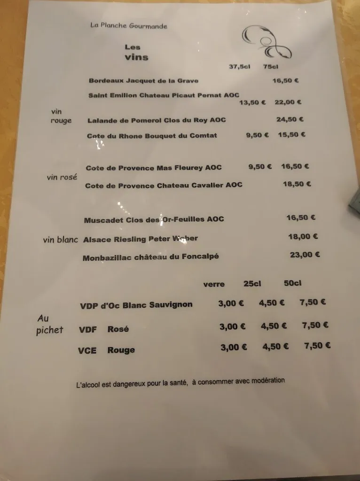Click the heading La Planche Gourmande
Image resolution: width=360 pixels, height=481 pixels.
[x=128, y=26]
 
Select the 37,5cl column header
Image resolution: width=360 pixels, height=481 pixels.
[x=239, y=67]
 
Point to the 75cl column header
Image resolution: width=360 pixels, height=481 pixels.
[x=271, y=67]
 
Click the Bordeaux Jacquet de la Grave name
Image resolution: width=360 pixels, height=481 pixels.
[x=143, y=81]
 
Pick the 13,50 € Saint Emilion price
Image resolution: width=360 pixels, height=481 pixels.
[x=252, y=102]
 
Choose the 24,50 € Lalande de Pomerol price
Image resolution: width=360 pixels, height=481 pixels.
[x=290, y=119]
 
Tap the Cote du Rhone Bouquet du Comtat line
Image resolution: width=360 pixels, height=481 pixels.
[x=152, y=136]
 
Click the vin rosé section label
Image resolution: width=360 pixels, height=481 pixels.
[x=62, y=178]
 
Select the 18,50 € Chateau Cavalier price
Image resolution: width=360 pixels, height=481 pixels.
[x=297, y=184]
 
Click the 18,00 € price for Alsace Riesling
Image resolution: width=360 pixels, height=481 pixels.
[x=303, y=237]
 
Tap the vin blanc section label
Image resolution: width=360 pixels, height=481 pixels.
[x=60, y=240]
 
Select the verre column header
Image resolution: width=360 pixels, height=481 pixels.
[x=214, y=284]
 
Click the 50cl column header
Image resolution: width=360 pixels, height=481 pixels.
[x=292, y=283]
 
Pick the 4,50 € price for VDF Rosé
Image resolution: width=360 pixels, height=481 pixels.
[x=274, y=326]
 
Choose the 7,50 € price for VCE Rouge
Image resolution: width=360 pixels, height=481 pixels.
[x=317, y=346]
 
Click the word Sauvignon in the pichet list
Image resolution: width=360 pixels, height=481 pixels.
[x=171, y=305]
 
